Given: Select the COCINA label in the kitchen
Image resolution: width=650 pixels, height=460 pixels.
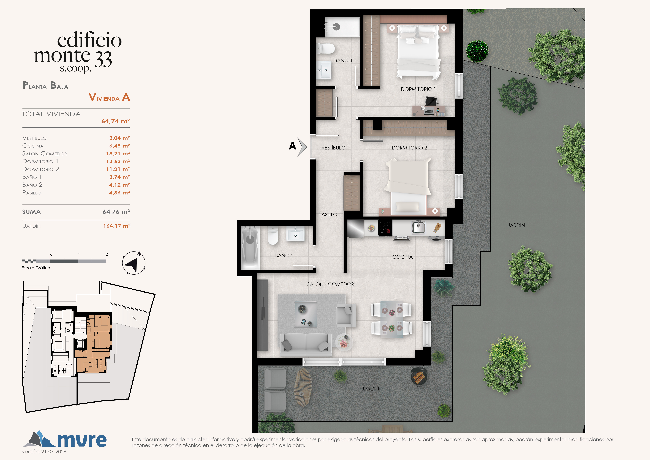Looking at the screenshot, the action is click(402, 257).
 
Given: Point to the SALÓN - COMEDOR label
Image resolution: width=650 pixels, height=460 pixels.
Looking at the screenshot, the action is click(330, 284).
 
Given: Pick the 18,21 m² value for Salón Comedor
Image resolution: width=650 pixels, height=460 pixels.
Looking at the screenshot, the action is click(118, 154).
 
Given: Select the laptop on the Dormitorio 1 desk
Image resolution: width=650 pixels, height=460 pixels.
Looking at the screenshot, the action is click(429, 111).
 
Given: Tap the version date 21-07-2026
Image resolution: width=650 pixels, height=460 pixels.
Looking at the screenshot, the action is click(54, 451).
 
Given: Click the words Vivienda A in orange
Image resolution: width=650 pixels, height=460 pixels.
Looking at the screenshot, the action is click(109, 97).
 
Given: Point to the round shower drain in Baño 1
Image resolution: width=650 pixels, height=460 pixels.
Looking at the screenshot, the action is click(336, 27).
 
